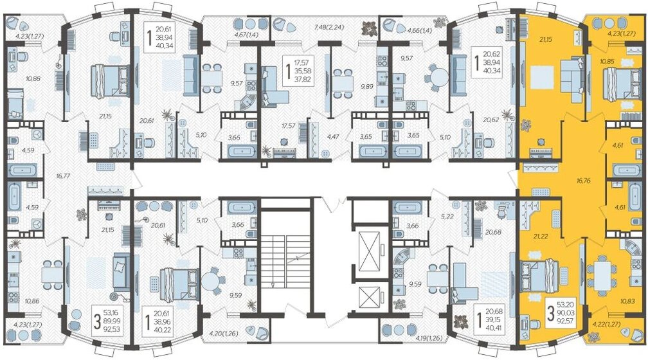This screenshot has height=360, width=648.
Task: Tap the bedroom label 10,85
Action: click(606, 62)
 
